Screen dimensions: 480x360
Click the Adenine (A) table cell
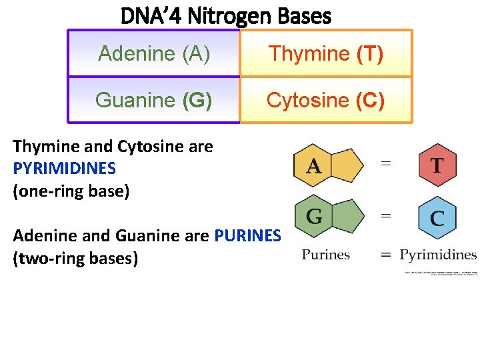[154, 53]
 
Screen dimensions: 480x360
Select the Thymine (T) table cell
[325, 53]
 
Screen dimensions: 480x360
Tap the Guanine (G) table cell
[154, 100]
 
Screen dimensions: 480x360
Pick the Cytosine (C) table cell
[325, 100]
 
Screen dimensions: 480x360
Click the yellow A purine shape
[327, 165]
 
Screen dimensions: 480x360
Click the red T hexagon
[437, 165]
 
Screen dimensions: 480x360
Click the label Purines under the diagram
[326, 254]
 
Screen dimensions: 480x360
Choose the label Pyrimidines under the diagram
[438, 254]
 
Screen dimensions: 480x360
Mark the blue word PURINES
[247, 235]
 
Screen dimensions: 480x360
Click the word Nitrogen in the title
[225, 16]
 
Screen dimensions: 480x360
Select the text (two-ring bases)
[75, 258]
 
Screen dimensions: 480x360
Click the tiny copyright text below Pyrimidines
[441, 273]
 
